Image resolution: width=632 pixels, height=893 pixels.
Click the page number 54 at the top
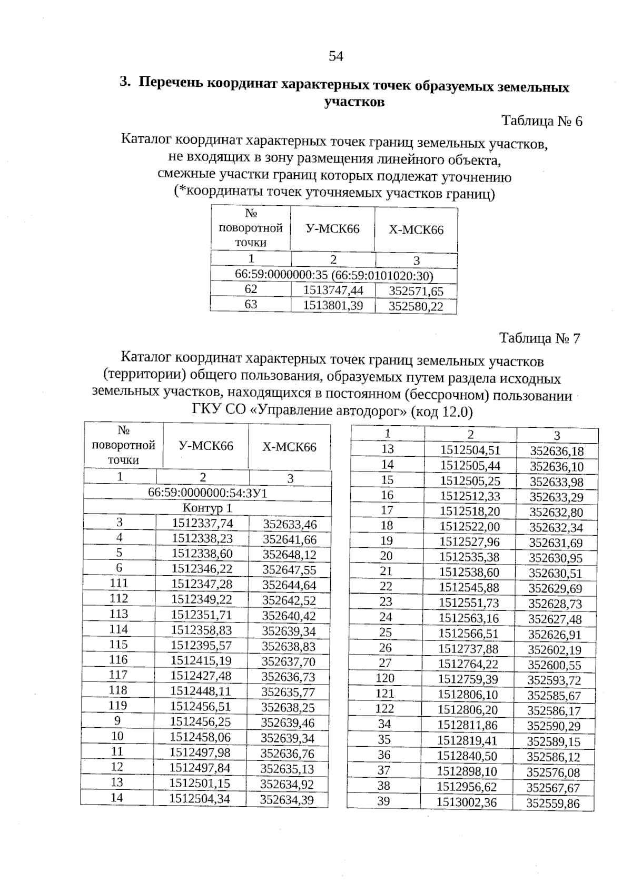(x=336, y=56)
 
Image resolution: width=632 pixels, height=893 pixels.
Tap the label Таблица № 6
(x=542, y=122)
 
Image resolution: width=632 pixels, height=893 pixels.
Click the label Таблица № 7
(x=540, y=338)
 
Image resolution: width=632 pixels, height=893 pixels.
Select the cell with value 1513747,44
(x=333, y=290)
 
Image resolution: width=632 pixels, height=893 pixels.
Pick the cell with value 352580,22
(x=416, y=306)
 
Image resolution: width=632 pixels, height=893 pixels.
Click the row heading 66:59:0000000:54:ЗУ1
(x=208, y=493)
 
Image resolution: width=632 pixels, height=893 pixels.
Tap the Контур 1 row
(x=207, y=508)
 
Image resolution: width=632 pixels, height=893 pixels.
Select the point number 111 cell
(x=118, y=583)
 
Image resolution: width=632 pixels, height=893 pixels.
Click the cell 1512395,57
(x=202, y=645)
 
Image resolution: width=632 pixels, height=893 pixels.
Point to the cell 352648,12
(x=289, y=555)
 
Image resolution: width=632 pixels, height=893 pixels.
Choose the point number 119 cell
(x=118, y=705)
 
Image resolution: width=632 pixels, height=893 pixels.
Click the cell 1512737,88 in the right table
(x=469, y=649)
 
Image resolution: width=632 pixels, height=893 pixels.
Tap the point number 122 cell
(x=384, y=709)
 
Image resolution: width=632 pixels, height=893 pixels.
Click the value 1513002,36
(x=467, y=802)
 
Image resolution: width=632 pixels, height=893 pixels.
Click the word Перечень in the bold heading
(x=171, y=83)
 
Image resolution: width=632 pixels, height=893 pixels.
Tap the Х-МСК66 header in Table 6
(x=416, y=230)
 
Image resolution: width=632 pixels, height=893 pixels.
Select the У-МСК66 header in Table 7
(x=206, y=446)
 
